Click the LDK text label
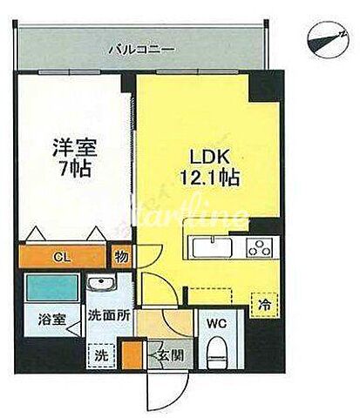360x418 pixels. (x=203, y=158)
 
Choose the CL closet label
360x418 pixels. (x=58, y=257)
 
